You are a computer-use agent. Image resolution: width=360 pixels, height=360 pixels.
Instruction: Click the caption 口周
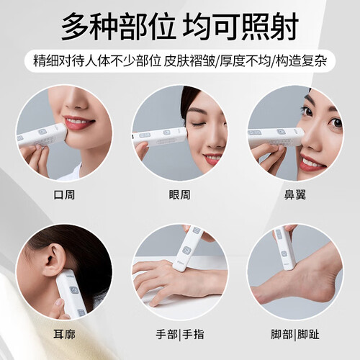[x=64, y=194]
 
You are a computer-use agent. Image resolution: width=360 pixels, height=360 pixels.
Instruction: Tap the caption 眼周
[x=179, y=194]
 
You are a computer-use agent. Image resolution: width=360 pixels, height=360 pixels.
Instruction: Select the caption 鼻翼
[x=295, y=194]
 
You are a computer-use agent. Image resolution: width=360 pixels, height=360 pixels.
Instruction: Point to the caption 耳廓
[x=64, y=334]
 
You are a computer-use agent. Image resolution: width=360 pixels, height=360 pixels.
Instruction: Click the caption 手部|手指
[x=180, y=334]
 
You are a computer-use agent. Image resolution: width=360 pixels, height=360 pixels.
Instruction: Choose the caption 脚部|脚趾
[x=295, y=334]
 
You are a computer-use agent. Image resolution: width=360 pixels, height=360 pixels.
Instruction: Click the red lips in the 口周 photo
[x=78, y=122]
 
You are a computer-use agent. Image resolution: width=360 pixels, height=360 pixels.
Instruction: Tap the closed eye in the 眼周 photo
[x=200, y=124]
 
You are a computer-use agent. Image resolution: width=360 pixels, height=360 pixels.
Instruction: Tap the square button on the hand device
[x=187, y=250]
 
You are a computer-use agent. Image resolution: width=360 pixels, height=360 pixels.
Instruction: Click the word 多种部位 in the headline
[x=118, y=27]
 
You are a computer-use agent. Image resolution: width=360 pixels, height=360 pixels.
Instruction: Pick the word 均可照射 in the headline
[x=240, y=27]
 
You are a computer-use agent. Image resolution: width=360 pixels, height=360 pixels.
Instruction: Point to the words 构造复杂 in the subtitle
[x=301, y=60]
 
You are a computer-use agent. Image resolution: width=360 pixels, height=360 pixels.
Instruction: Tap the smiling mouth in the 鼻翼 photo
[x=313, y=162]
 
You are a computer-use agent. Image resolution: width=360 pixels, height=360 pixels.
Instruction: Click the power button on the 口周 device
[x=42, y=132]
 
